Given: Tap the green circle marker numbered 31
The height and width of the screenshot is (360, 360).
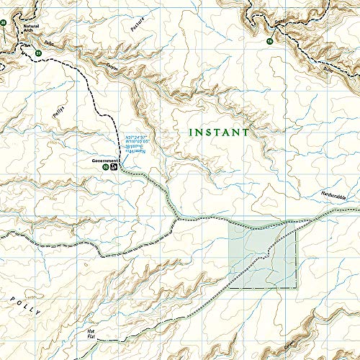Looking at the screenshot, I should click(x=37, y=53).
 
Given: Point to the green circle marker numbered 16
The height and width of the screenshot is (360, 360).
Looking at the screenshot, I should click(x=269, y=42).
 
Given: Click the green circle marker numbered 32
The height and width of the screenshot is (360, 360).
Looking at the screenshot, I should click(x=106, y=167).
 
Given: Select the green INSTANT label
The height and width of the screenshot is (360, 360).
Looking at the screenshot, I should click(x=218, y=132).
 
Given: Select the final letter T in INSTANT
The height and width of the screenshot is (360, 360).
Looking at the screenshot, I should click(x=246, y=132).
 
